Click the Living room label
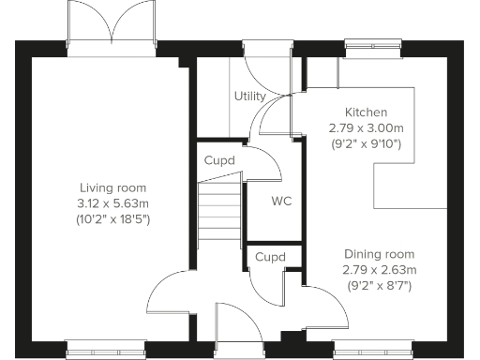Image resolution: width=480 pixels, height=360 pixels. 112,187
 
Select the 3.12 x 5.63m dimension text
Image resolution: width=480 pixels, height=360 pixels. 112,203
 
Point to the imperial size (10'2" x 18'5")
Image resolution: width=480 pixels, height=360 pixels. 112,219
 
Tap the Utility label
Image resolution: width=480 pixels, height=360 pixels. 249,97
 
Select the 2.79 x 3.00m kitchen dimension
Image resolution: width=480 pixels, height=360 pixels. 365,127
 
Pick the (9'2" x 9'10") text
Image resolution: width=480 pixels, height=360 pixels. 365,143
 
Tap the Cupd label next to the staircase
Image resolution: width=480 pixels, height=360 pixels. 219,160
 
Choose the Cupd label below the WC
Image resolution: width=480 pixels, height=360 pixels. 271,257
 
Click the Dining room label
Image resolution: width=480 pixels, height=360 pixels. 379,254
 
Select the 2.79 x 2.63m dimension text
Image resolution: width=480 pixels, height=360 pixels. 379,270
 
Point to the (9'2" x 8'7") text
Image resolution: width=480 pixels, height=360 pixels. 379,286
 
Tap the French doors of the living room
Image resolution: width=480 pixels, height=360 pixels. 112,33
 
